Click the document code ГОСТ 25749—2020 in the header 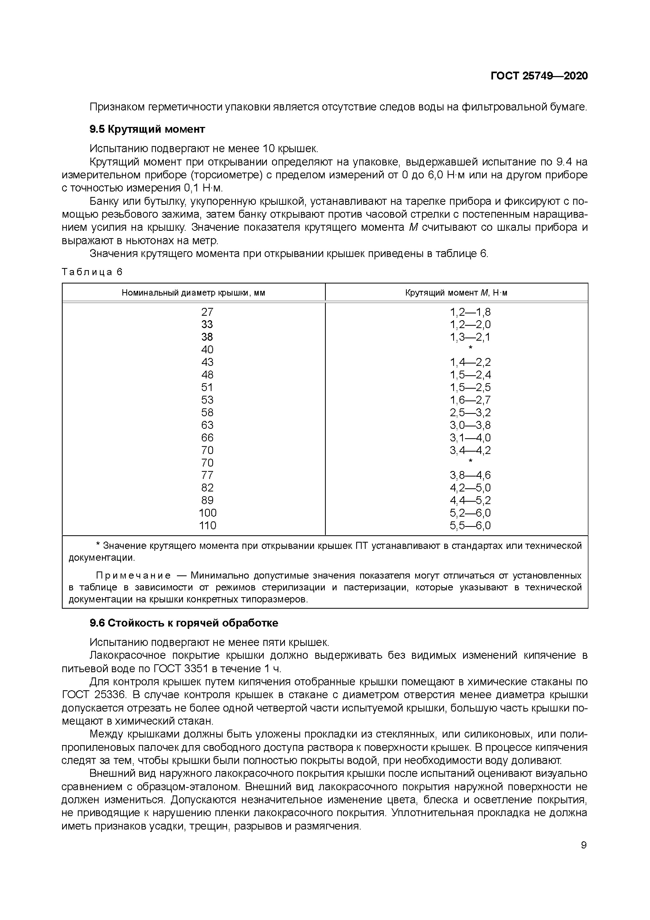pyautogui.click(x=539, y=76)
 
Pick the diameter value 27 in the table pyautogui.click(x=207, y=312)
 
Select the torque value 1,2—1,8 pyautogui.click(x=470, y=312)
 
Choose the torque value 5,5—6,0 pyautogui.click(x=470, y=525)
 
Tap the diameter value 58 pyautogui.click(x=207, y=412)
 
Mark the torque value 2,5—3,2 pyautogui.click(x=470, y=412)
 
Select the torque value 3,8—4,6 pyautogui.click(x=470, y=475)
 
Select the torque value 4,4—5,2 pyautogui.click(x=470, y=500)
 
